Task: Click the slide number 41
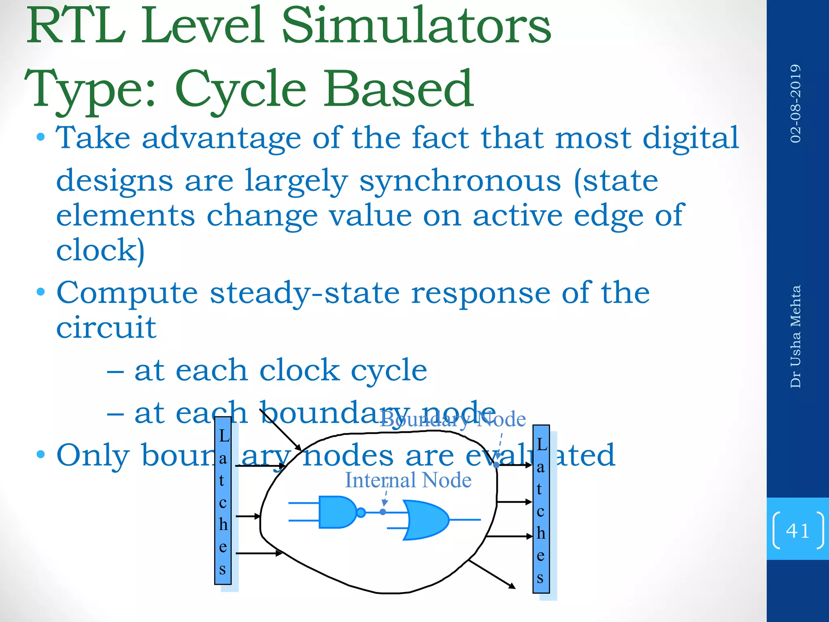[x=797, y=530]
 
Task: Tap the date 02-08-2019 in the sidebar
[x=795, y=104]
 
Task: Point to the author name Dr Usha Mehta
[x=795, y=337]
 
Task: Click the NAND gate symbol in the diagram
[x=337, y=512]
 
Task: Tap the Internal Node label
[x=408, y=481]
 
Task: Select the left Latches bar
[x=223, y=502]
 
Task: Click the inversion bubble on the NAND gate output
[x=361, y=513]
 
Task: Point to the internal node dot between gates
[x=383, y=512]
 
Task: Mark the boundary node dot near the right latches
[x=496, y=465]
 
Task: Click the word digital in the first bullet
[x=691, y=138]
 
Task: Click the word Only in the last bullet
[x=94, y=456]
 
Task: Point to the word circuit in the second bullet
[x=106, y=328]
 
